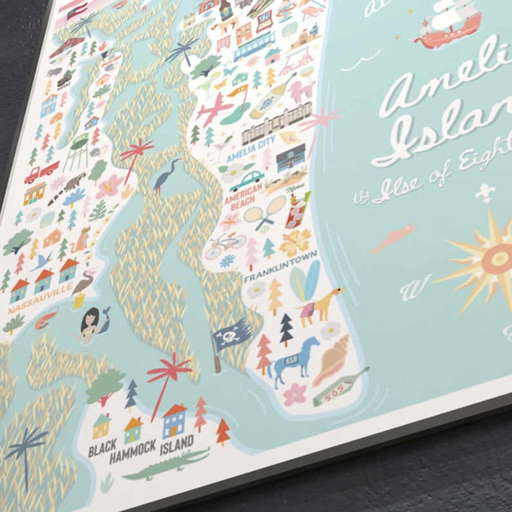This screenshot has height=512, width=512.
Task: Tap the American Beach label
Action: pos(243,194)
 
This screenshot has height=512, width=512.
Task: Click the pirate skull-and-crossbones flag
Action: pos(232,335)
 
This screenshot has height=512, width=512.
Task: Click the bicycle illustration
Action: pos(226,245)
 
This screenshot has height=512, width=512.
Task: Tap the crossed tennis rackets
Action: pos(264,212)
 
